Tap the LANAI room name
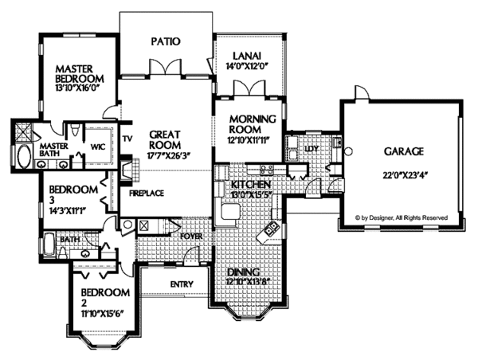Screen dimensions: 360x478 tap(242, 55)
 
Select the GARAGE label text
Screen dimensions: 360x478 tap(402, 151)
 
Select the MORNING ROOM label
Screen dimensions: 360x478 tap(252, 124)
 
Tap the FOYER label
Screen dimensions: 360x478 tap(191, 236)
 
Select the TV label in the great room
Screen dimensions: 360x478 tap(127, 138)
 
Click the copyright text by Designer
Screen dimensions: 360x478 tap(402, 217)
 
